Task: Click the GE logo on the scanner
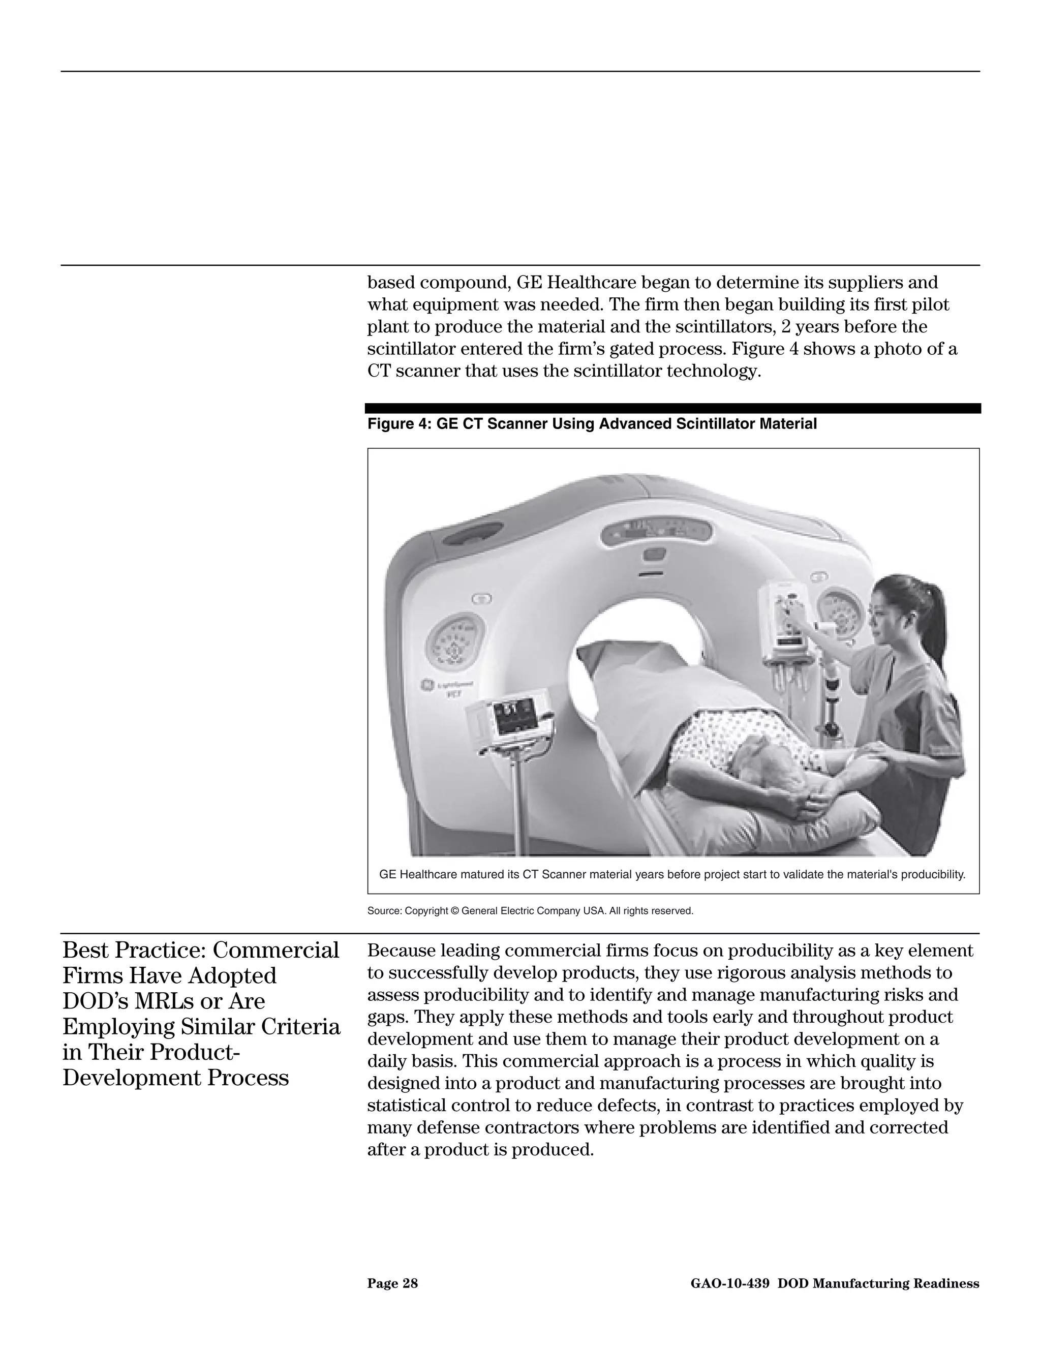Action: coord(425,685)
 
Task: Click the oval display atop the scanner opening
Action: coord(654,530)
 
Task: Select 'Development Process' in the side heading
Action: coord(175,1078)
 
